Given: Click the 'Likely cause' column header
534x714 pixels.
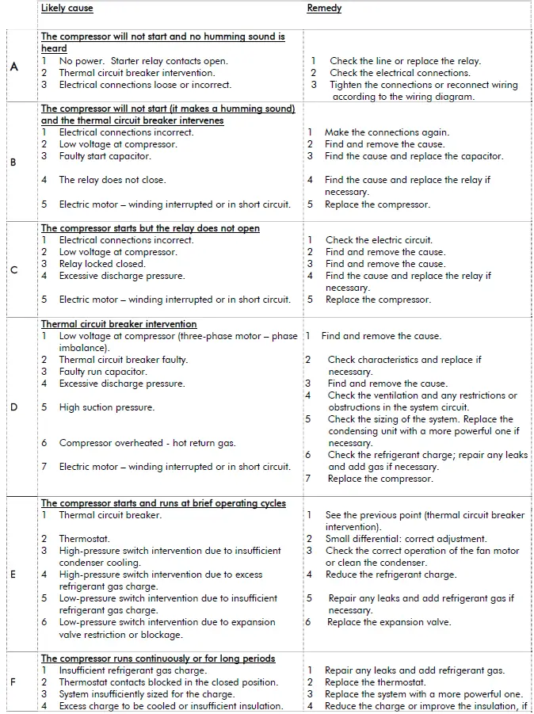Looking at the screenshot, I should tap(67, 9).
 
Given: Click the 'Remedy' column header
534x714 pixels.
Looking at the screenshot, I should tap(324, 9).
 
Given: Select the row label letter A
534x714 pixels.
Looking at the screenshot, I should tap(14, 67).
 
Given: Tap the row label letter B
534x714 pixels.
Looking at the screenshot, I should tap(13, 162).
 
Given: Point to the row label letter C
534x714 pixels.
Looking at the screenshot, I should tap(13, 270).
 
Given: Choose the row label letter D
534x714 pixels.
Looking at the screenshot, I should tap(13, 407).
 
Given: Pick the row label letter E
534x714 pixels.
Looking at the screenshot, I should tap(13, 575).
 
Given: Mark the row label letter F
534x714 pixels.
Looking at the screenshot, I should tap(13, 682).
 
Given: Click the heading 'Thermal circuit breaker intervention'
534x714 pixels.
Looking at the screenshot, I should tap(119, 324).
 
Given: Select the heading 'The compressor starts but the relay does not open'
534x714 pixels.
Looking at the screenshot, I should tap(151, 228).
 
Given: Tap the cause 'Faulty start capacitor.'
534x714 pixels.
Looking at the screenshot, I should tap(105, 156).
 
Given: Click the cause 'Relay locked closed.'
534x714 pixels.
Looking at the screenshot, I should tap(102, 264).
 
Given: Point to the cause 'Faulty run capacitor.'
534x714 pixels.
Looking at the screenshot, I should tap(103, 372).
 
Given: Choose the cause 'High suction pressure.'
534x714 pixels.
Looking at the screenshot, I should tap(106, 407).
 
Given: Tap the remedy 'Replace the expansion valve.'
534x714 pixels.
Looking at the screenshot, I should tap(389, 622).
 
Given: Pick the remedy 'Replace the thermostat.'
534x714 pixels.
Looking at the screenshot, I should tap(375, 682).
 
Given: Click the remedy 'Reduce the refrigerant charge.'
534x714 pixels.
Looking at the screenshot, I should tap(391, 575).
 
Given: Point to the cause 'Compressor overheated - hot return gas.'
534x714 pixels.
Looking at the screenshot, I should tap(147, 443).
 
